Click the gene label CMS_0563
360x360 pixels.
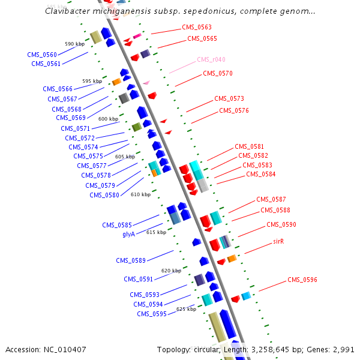(197, 27)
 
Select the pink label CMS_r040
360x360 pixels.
(211, 60)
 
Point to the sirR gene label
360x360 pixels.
(278, 241)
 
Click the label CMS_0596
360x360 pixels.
(302, 280)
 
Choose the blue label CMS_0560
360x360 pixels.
(42, 55)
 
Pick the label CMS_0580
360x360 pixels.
(104, 195)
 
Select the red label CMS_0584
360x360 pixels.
(261, 175)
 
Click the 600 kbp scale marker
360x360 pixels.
(109, 119)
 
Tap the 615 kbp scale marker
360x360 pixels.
(156, 232)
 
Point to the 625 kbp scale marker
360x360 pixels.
(186, 310)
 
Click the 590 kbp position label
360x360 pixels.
(74, 44)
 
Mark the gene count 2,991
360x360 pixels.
(343, 349)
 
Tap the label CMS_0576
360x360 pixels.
(234, 110)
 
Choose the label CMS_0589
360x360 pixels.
(131, 260)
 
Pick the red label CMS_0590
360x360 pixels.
(281, 224)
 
